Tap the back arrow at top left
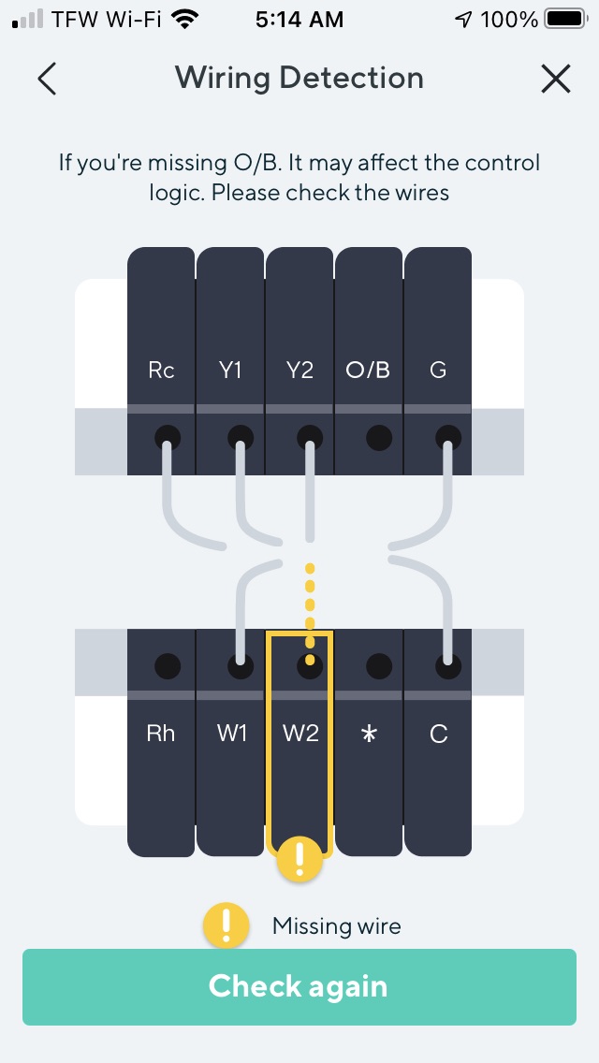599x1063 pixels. point(47,79)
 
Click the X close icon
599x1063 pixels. point(556,79)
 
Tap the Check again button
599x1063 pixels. point(299,986)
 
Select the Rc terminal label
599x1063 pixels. point(161,371)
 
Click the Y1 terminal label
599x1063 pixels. point(230,371)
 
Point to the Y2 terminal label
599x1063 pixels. point(299,371)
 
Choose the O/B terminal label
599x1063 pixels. point(368,371)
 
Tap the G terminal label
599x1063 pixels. point(438,371)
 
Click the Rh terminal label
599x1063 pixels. point(161,734)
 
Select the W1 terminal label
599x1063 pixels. point(231,734)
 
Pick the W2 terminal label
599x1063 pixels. point(300,734)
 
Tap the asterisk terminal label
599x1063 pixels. point(369,734)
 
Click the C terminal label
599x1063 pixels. point(438,734)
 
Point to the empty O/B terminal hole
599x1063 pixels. point(378,436)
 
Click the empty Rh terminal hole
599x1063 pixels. point(167,666)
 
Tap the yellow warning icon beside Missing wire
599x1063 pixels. point(226,926)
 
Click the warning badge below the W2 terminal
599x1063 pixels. point(299,858)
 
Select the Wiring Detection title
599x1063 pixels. point(299,78)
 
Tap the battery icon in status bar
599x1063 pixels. point(564,19)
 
